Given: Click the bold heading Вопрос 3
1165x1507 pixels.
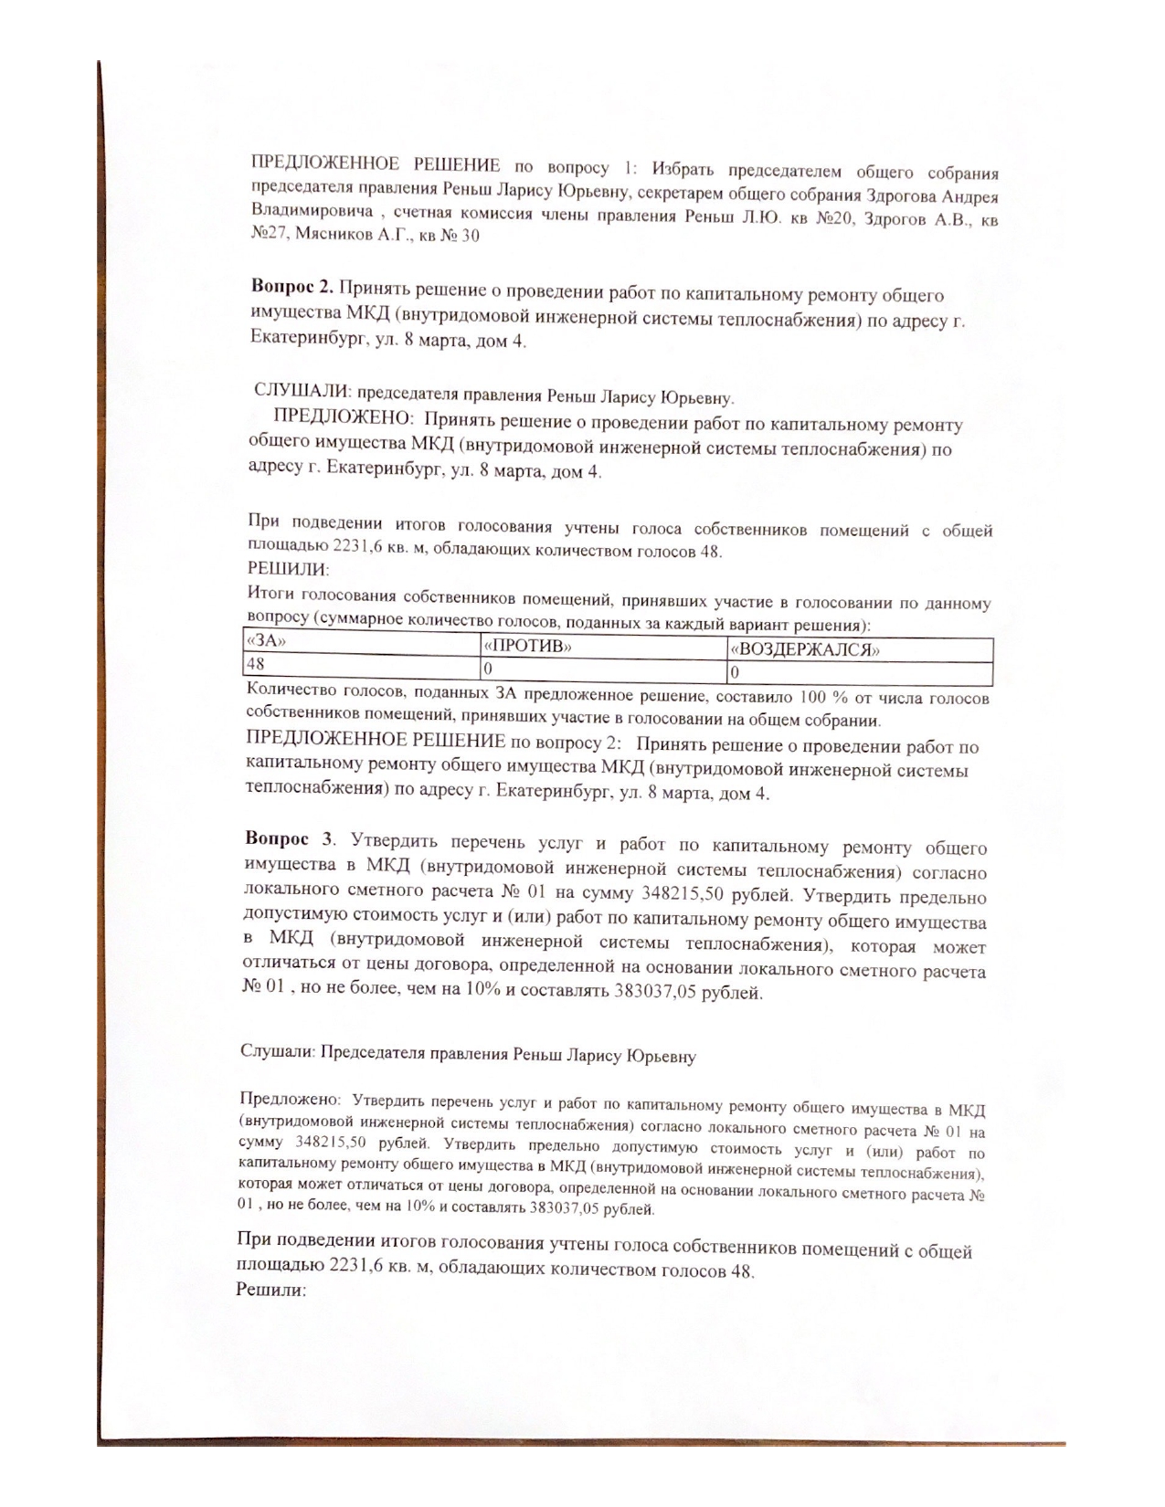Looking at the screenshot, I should pyautogui.click(x=289, y=839).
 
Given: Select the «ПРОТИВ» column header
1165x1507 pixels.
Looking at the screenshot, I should pyautogui.click(x=528, y=646).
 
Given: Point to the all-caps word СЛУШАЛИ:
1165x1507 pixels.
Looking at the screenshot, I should pyautogui.click(x=302, y=391).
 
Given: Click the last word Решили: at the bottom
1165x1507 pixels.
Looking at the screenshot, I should pyautogui.click(x=270, y=1291).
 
